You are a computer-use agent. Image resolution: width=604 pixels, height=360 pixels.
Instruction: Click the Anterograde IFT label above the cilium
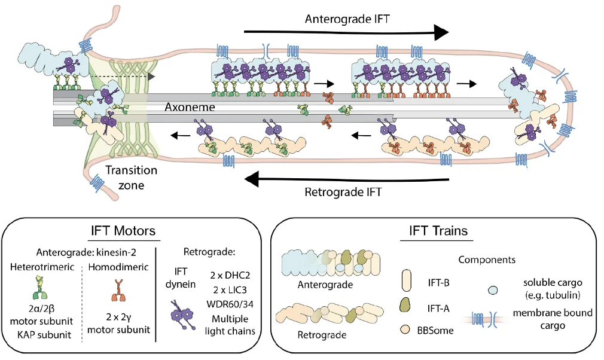pyautogui.click(x=347, y=19)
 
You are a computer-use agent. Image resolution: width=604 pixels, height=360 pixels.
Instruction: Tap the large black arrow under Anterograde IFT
pyautogui.click(x=346, y=32)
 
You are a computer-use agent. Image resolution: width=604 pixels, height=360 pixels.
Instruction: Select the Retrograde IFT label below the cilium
pyautogui.click(x=343, y=192)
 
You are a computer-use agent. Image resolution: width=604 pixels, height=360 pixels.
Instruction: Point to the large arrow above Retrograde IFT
pyautogui.click(x=347, y=179)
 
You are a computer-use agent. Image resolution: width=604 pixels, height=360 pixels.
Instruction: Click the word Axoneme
pyautogui.click(x=190, y=106)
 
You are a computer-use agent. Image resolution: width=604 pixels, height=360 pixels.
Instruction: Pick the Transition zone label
pyautogui.click(x=132, y=178)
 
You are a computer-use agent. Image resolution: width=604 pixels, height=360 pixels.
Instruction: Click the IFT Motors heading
pyautogui.click(x=123, y=231)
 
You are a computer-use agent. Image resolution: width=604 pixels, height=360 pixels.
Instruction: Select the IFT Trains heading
pyautogui.click(x=438, y=231)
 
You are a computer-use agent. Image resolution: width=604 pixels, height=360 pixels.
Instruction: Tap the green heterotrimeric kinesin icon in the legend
pyautogui.click(x=41, y=287)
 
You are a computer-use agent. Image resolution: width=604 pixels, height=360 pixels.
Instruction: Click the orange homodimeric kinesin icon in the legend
pyautogui.click(x=118, y=291)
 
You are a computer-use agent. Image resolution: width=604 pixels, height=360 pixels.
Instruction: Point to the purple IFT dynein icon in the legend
pyautogui.click(x=181, y=315)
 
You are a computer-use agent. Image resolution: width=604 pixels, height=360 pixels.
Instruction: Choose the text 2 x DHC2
pyautogui.click(x=230, y=275)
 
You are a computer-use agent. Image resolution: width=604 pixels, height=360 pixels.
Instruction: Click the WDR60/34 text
pyautogui.click(x=230, y=304)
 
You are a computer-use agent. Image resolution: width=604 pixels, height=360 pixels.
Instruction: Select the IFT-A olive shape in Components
pyautogui.click(x=405, y=304)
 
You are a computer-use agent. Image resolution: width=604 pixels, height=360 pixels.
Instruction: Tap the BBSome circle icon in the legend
pyautogui.click(x=404, y=330)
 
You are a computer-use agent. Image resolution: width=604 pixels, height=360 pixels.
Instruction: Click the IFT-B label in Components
pyautogui.click(x=438, y=283)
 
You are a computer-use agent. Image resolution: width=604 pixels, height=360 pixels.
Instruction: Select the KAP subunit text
pyautogui.click(x=44, y=334)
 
